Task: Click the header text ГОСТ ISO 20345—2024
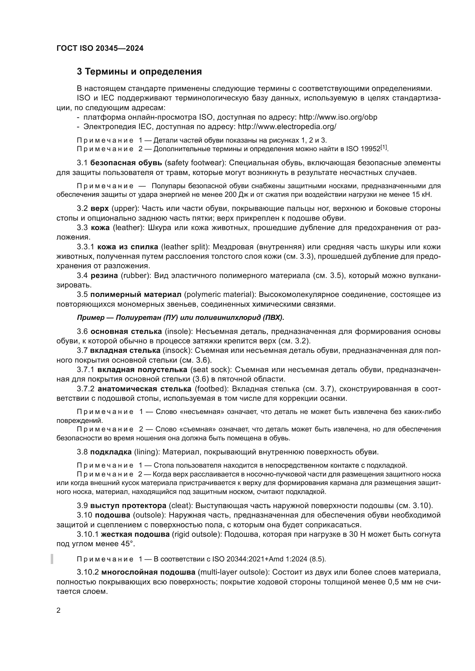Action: coord(100,48)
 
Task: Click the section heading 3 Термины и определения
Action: coord(139,72)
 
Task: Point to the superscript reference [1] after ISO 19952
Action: coord(384,147)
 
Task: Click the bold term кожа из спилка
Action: coord(128,247)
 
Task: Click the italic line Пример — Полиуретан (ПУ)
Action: coord(180,318)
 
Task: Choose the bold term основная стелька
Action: coord(126,331)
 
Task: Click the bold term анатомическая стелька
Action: coord(144,389)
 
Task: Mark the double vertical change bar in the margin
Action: coord(52,559)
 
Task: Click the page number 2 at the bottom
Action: coord(59,610)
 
